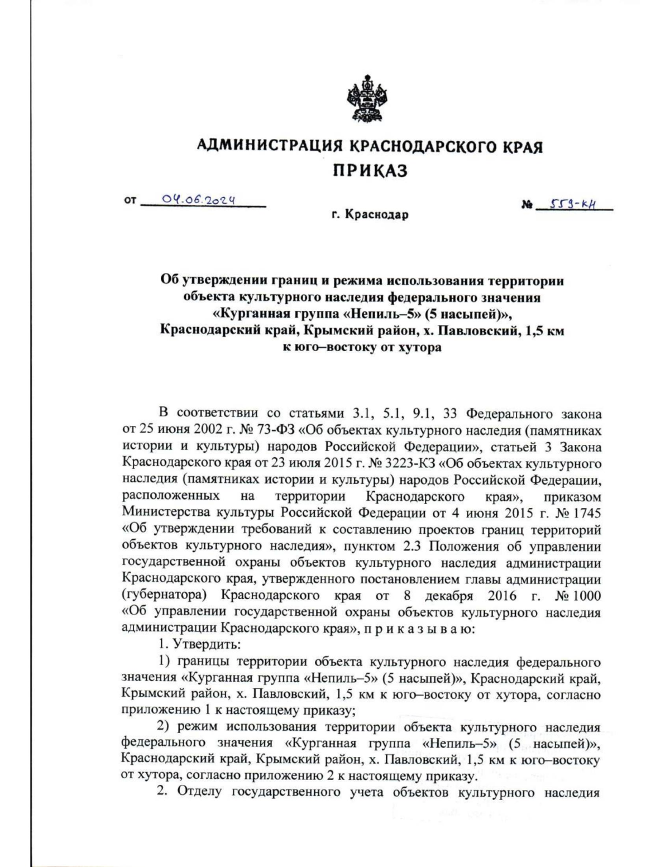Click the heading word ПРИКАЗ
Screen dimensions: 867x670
(370, 170)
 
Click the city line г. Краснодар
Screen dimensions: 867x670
(369, 214)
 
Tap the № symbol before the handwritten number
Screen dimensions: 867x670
(526, 206)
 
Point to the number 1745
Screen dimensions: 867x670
(584, 512)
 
